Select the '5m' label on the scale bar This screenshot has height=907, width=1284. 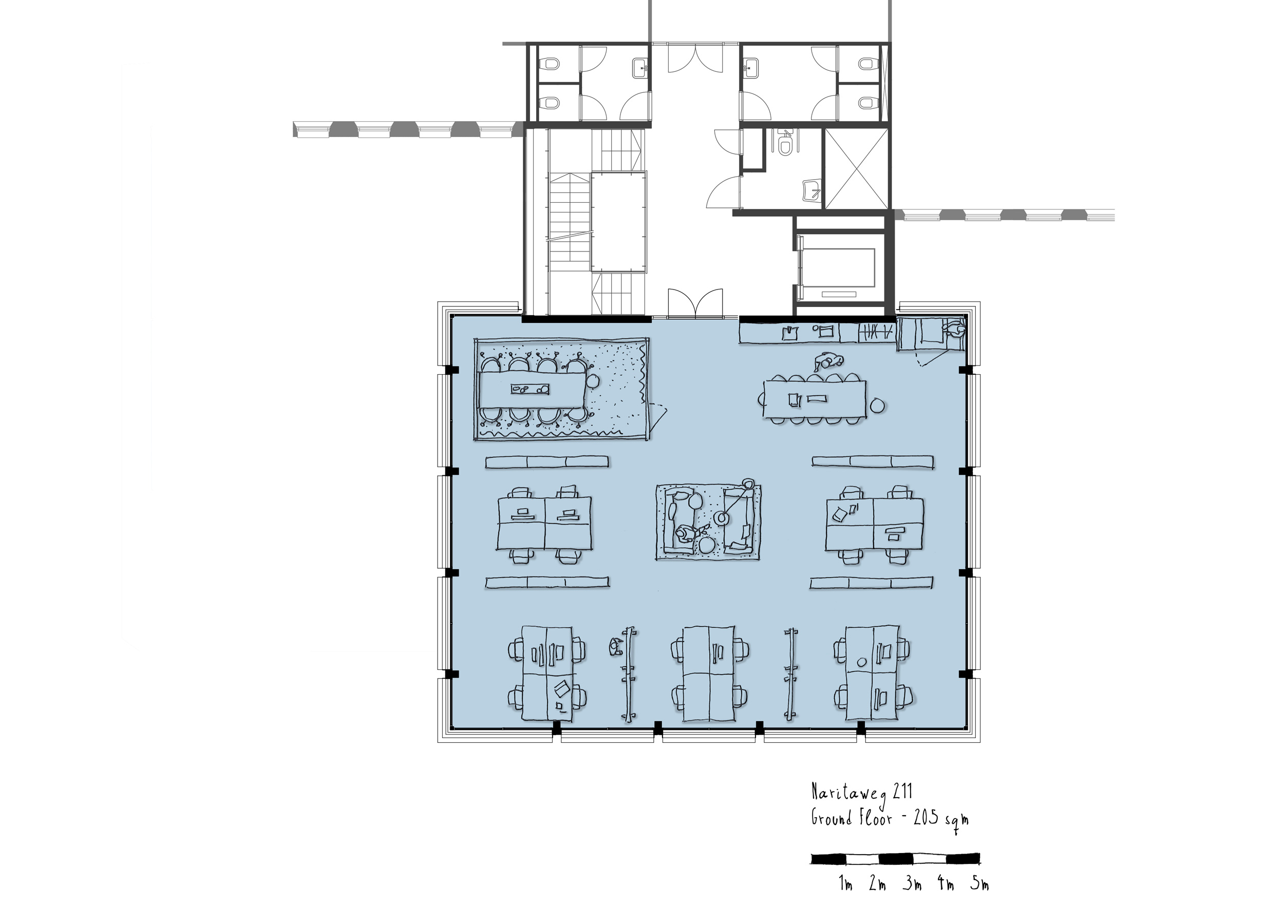point(980,884)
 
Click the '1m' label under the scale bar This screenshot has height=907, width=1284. point(845,884)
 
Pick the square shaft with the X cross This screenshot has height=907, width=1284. point(856,168)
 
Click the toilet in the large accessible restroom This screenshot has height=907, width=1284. point(786,144)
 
